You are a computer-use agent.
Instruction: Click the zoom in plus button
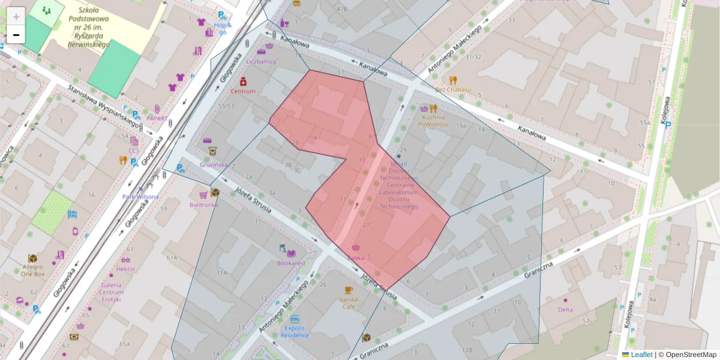[x=16, y=16]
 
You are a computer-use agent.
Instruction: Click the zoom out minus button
[x=16, y=35]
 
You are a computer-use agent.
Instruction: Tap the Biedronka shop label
[x=203, y=205]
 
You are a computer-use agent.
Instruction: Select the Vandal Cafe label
[x=349, y=302]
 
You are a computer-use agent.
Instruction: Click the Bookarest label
[x=291, y=263]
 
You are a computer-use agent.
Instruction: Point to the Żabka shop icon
[x=356, y=247]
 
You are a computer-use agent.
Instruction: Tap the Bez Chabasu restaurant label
[x=453, y=89]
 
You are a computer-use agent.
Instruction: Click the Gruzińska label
[x=214, y=164]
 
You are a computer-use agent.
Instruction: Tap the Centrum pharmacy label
[x=243, y=91]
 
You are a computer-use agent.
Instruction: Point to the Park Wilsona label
[x=140, y=197]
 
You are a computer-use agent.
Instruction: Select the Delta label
[x=565, y=310]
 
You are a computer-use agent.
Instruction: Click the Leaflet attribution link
[x=641, y=355]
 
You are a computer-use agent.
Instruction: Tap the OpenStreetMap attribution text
[x=687, y=355]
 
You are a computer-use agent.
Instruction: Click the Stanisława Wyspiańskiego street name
[x=103, y=104]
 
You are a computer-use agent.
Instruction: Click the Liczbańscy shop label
[x=261, y=61]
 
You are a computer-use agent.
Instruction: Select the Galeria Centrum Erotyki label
[x=111, y=292]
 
